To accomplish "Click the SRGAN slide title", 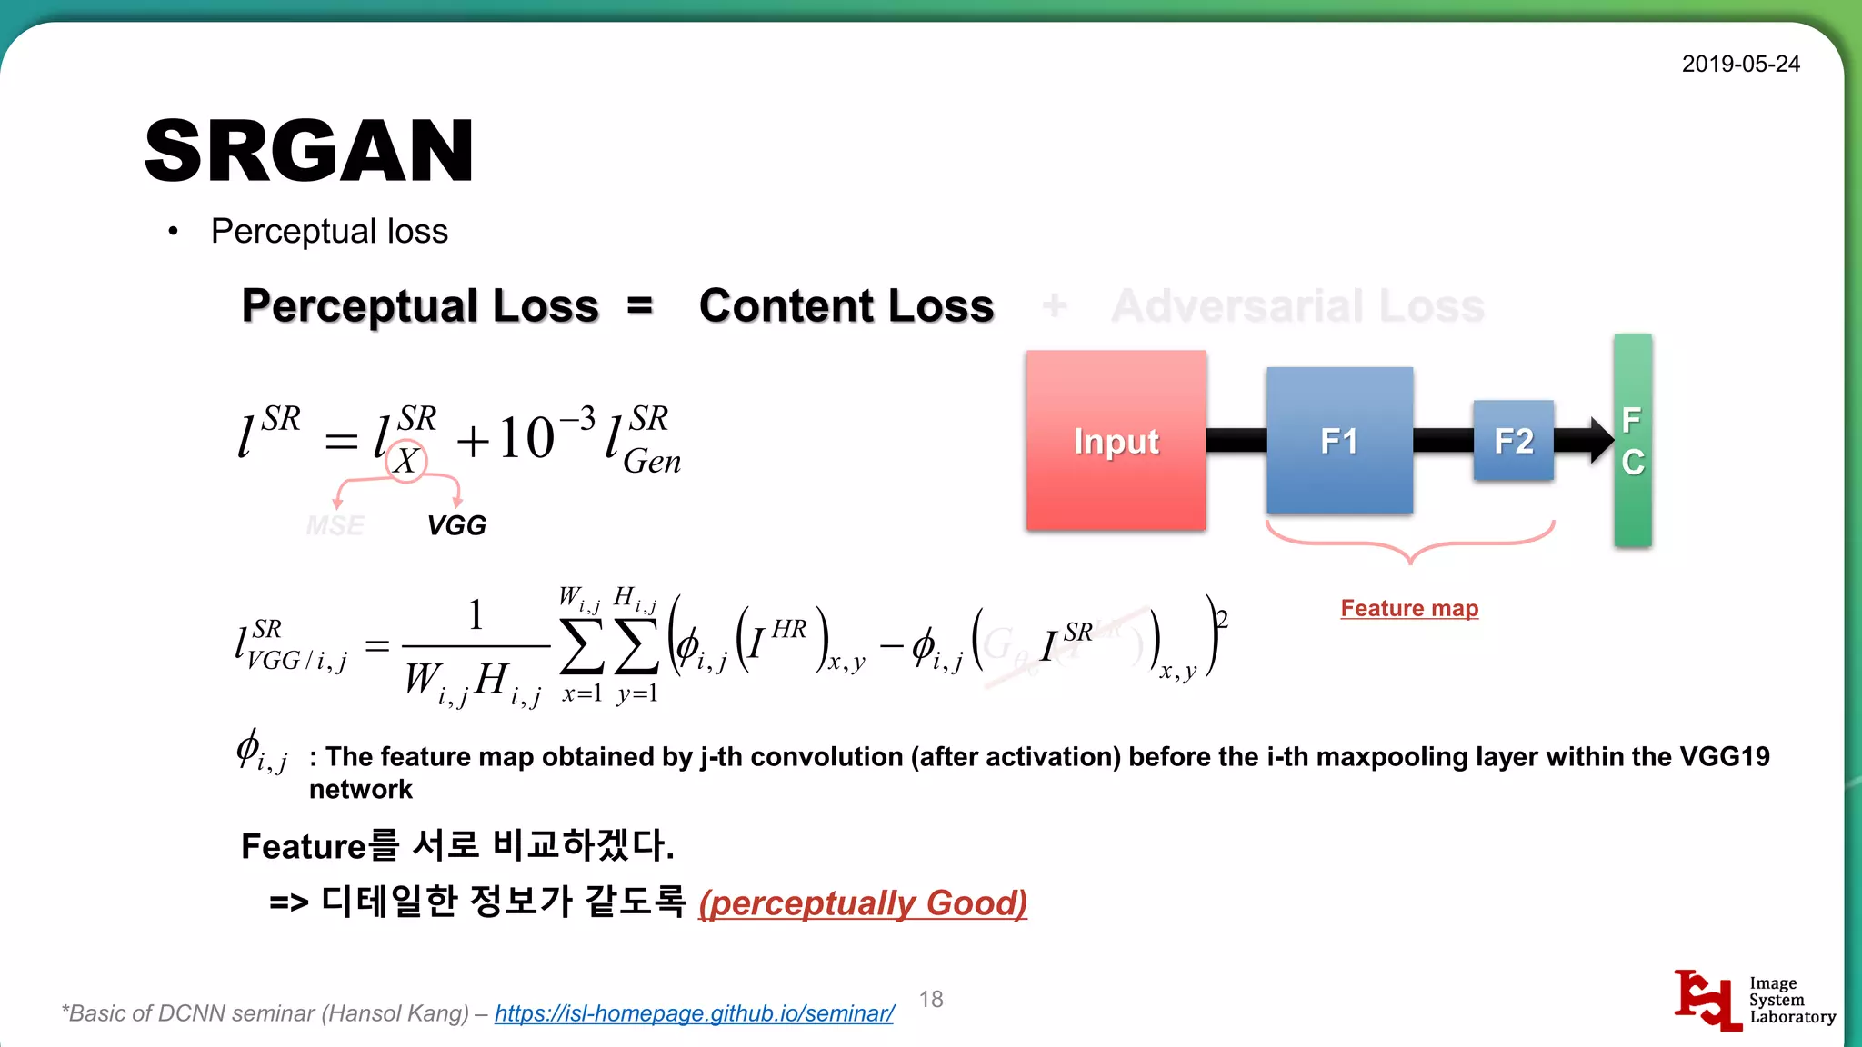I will coord(309,151).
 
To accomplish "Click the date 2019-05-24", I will coord(1740,64).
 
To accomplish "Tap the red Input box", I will coord(1116,441).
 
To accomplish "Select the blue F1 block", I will coord(1339,441).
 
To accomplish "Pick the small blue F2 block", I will coord(1513,441).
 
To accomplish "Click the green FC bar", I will coord(1633,441).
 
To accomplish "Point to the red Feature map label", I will coord(1409,608).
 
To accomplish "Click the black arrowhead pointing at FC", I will coord(1601,440).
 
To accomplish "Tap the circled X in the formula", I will coord(405,461).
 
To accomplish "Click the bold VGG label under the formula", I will coord(456,525).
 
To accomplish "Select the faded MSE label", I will coord(335,525).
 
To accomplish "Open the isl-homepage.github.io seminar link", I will coord(695,1013).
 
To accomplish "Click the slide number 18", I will coord(931,999).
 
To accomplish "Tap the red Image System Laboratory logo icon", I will coord(1707,1000).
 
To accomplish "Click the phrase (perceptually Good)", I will coord(863,903).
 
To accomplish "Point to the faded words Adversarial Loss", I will coord(1297,305).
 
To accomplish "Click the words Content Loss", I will coord(846,305).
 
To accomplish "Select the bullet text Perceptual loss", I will coord(329,231).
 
